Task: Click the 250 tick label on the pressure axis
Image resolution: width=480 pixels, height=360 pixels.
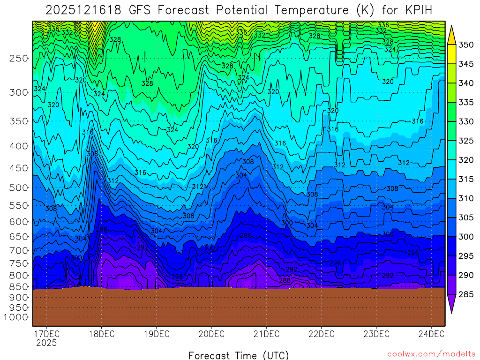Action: click(19, 59)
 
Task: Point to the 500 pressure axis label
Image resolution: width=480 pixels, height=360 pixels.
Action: click(19, 188)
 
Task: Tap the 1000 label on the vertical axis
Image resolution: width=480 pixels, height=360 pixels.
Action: click(16, 317)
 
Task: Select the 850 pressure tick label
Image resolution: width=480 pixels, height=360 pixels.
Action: click(19, 287)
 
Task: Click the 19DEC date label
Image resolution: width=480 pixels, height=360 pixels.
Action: click(156, 334)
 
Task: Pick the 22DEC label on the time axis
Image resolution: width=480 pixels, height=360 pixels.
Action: click(321, 334)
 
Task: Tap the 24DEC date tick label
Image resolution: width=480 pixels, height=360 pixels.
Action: click(431, 334)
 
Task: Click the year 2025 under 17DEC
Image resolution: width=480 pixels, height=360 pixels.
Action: click(46, 343)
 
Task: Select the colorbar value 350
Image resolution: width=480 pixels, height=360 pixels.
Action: click(466, 45)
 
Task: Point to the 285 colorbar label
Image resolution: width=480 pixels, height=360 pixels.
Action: click(466, 294)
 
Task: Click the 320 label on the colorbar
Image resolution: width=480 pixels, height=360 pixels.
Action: click(466, 160)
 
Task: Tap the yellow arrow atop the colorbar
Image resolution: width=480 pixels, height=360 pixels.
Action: click(452, 35)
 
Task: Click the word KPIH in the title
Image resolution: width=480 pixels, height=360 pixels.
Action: click(416, 10)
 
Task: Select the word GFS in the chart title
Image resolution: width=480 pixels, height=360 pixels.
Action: click(137, 10)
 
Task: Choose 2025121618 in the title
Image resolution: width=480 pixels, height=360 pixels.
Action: click(82, 10)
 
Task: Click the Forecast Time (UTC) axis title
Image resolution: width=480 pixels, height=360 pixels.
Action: click(239, 355)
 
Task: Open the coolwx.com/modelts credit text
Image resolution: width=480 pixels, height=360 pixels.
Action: click(431, 354)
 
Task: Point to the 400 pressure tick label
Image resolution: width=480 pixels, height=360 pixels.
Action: click(19, 146)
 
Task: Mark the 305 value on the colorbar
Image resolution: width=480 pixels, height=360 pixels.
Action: click(466, 217)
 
